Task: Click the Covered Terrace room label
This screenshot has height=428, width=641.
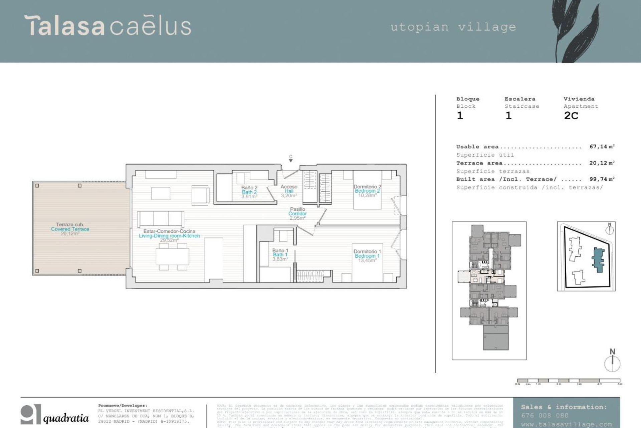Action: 70,229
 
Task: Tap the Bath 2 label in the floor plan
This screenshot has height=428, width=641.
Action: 249,192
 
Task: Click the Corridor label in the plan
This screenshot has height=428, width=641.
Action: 297,213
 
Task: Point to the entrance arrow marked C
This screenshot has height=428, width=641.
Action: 291,159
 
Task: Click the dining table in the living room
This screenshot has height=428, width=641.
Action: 172,256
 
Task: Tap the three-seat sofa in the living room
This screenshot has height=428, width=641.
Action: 161,219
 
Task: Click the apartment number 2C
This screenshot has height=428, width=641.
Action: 571,116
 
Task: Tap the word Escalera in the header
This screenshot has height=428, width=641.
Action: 520,99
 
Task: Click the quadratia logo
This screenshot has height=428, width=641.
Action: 55,415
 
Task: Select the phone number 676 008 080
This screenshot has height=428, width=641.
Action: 545,416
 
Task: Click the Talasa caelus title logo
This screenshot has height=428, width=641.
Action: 108,26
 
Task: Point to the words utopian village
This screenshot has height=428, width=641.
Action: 453,27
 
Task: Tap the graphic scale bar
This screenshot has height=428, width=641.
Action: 569,381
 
